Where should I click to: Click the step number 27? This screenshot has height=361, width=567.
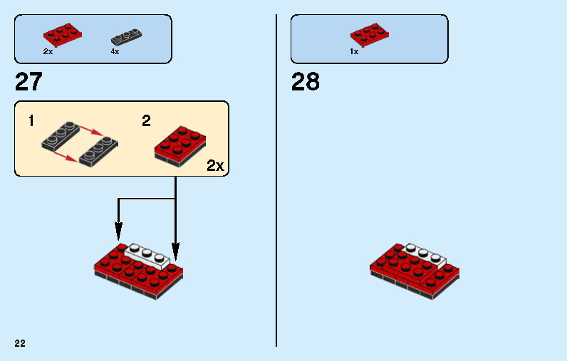tap(28, 83)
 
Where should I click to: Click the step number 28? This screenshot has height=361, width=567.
tap(306, 83)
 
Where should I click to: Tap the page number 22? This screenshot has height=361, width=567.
tap(20, 343)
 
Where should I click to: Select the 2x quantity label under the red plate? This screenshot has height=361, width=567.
tap(48, 52)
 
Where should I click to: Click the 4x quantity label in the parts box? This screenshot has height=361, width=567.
tap(115, 52)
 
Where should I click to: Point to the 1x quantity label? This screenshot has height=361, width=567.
tap(353, 52)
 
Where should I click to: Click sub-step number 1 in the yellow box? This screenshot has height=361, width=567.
tap(31, 121)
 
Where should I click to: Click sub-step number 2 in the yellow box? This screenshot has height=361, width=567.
tap(146, 121)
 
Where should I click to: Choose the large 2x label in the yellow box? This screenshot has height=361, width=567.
tap(215, 166)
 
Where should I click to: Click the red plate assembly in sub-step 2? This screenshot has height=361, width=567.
tap(180, 146)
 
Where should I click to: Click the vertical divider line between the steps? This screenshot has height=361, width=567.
tap(276, 178)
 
